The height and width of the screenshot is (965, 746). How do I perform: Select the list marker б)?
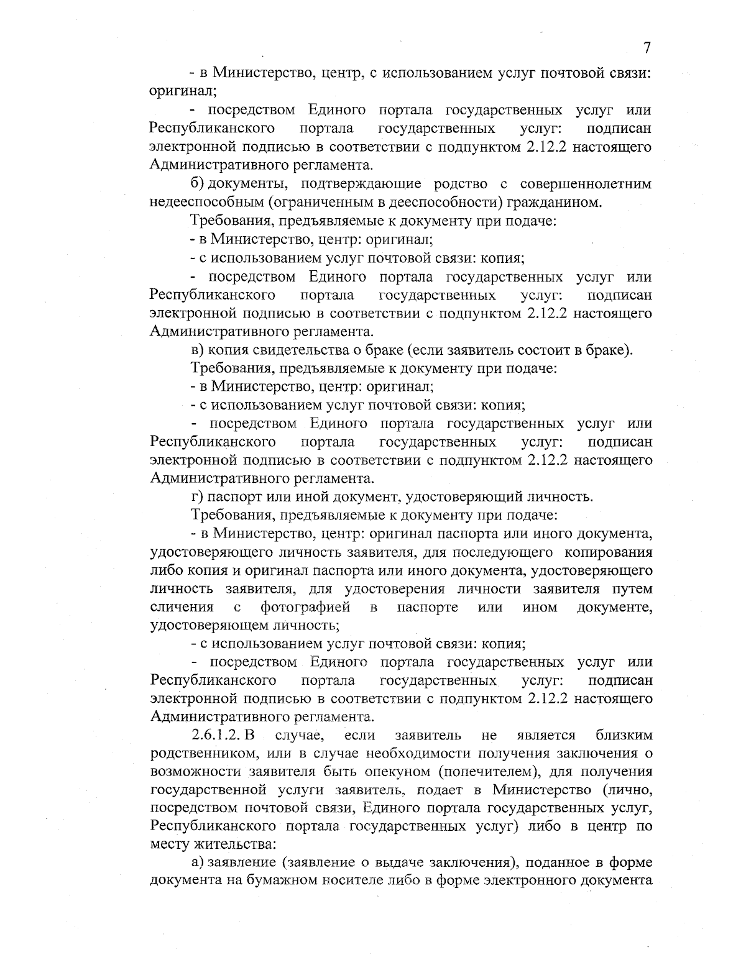tap(198, 184)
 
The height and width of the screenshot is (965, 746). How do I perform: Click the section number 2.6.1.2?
tap(218, 736)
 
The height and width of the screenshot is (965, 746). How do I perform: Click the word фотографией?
tap(305, 606)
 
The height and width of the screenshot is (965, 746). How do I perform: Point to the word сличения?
tap(182, 606)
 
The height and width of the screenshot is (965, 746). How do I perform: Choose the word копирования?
tap(607, 552)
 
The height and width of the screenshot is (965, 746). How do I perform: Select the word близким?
tap(624, 736)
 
